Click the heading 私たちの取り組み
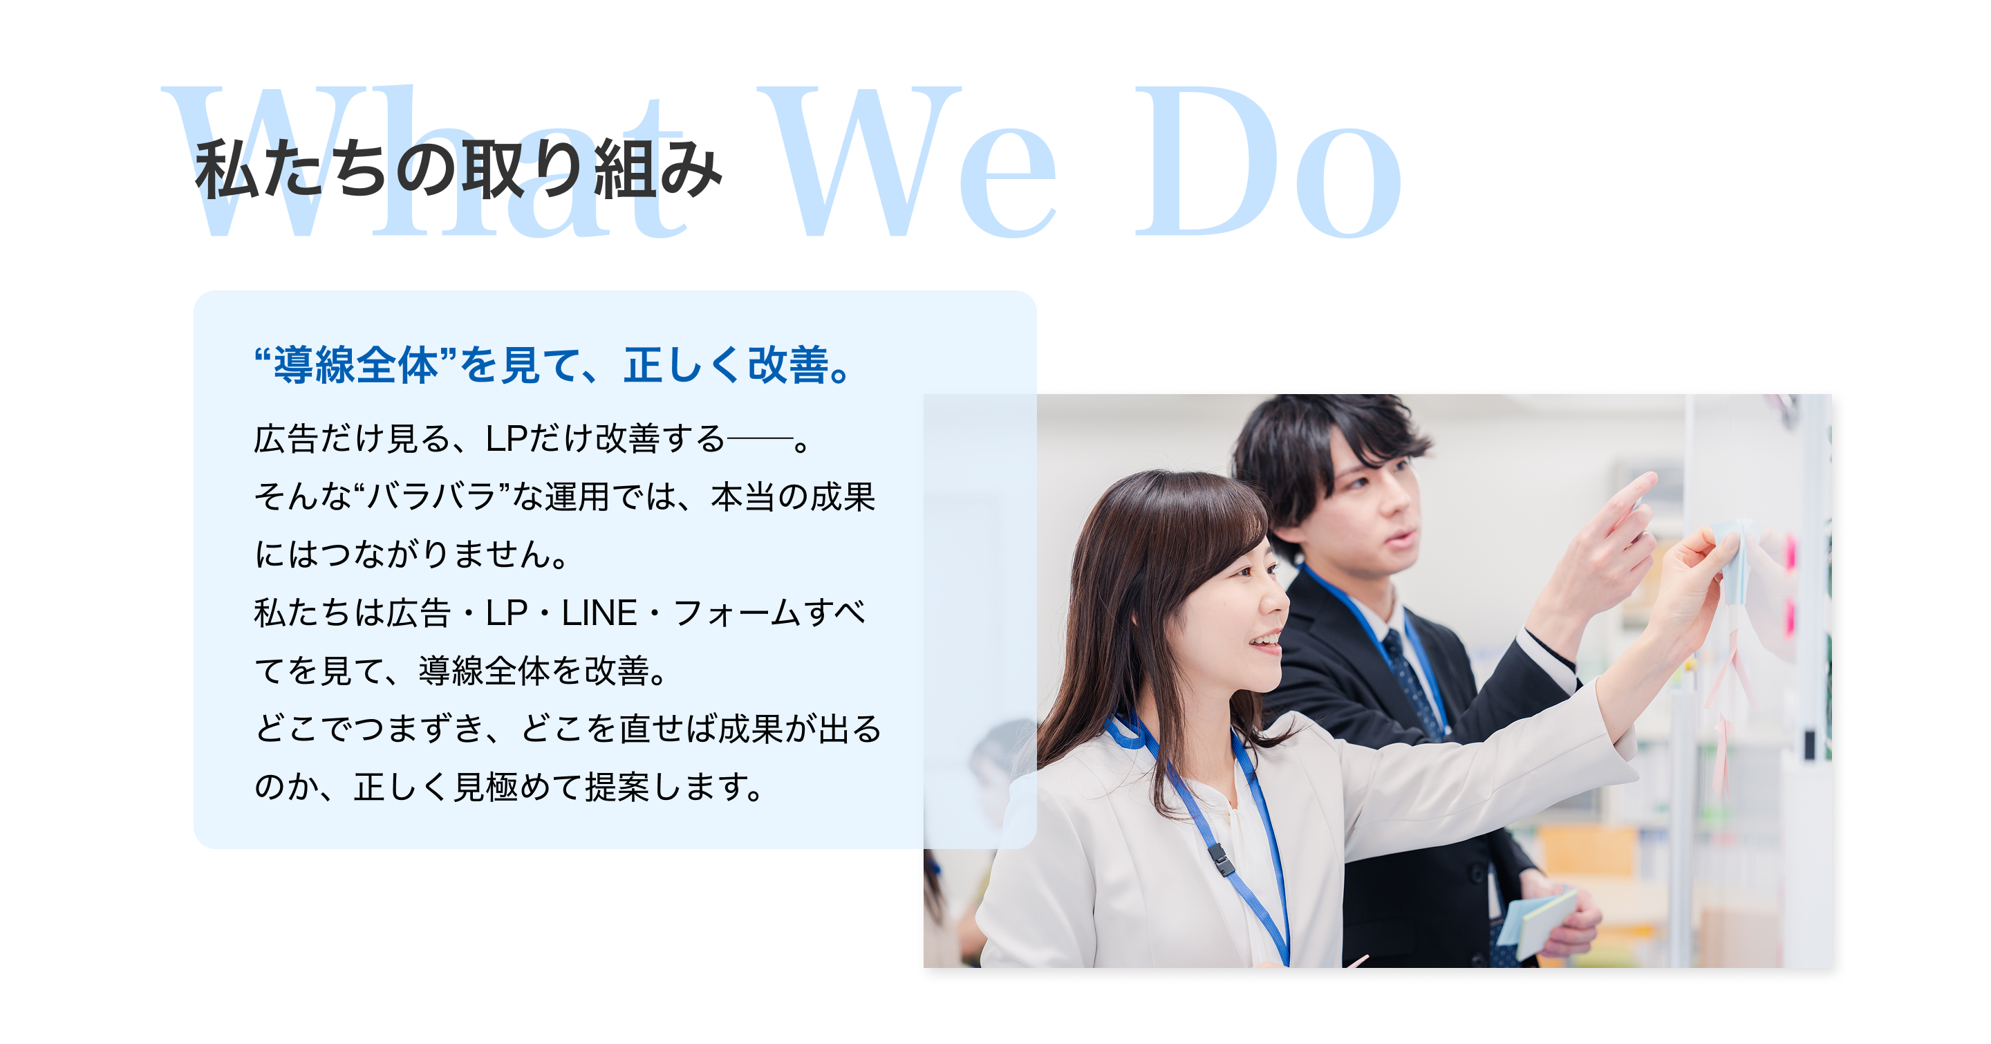[458, 169]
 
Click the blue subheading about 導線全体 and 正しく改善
[553, 365]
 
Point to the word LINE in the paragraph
[599, 613]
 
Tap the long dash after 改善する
[760, 440]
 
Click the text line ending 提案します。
[509, 787]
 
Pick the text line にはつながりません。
[411, 555]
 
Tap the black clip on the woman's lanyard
[1219, 860]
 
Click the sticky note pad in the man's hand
[1538, 920]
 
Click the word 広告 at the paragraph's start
[286, 439]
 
